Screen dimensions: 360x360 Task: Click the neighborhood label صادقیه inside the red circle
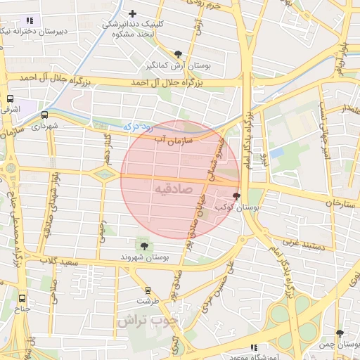(172, 189)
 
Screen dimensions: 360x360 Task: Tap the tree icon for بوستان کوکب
(236, 196)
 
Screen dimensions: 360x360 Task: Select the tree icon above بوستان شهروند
(144, 245)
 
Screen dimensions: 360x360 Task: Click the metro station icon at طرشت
(148, 290)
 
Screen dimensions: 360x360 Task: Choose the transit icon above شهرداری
(45, 115)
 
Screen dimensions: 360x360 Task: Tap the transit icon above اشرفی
(11, 99)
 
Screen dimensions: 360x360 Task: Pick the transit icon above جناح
(22, 297)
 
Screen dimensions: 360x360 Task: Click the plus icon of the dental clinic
(132, 13)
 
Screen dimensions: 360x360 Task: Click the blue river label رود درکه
(129, 127)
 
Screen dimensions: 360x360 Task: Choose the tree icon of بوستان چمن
(340, 333)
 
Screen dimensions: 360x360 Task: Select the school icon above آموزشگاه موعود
(254, 347)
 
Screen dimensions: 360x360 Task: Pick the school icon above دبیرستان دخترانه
(29, 21)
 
